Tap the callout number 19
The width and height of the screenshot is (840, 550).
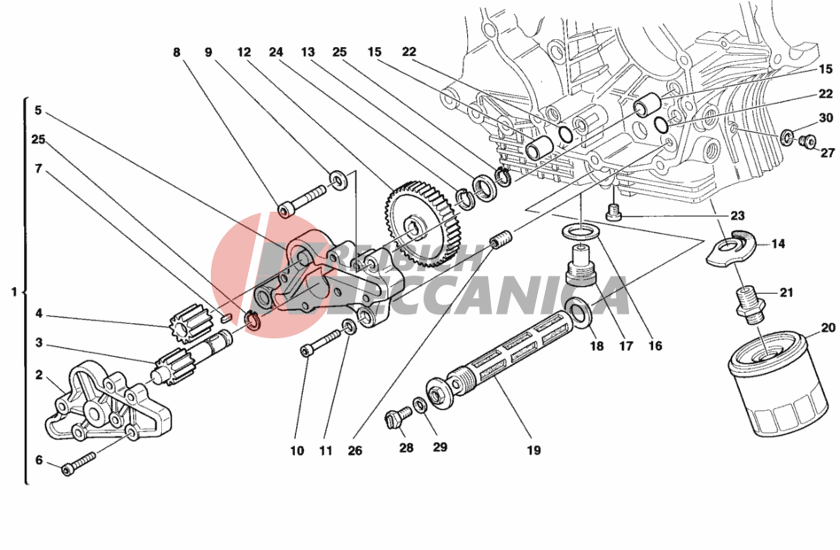[x=533, y=450]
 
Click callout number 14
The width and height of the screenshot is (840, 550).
[x=777, y=244]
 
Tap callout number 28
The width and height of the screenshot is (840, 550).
[x=406, y=448]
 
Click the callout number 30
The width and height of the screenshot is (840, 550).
[x=825, y=118]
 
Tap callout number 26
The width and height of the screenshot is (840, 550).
[x=355, y=450]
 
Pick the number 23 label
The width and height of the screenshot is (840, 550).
[x=738, y=215]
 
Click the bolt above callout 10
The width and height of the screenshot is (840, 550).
[x=321, y=344]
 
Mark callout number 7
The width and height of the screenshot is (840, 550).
[x=38, y=168]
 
